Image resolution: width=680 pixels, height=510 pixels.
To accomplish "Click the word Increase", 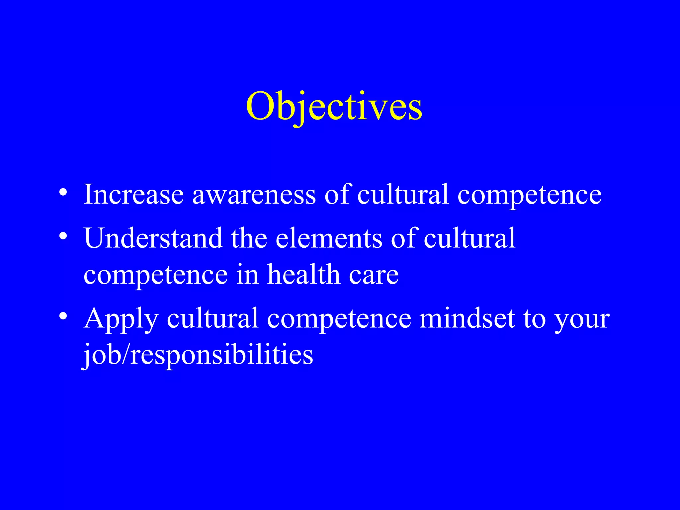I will coord(134,194).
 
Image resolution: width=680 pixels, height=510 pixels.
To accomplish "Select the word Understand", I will coord(153,238).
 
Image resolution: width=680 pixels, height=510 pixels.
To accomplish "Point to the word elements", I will coord(329,239).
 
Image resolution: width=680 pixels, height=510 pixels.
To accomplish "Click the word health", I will coord(304,275).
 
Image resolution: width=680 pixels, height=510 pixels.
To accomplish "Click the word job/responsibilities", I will coord(198,355).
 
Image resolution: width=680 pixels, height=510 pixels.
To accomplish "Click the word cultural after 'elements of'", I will coord(469,238).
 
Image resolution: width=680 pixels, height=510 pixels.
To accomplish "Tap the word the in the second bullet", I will coord(249,238).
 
